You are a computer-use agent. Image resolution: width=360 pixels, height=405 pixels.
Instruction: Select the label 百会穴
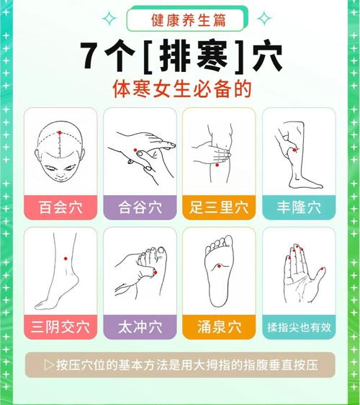click(61, 207)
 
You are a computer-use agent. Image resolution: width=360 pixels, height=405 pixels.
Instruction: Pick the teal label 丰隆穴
click(297, 207)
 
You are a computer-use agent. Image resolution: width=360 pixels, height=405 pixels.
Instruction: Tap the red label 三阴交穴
click(61, 327)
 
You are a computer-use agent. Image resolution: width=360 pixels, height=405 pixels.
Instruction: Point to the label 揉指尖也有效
click(297, 327)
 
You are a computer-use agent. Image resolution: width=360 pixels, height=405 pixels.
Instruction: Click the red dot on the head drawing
click(60, 133)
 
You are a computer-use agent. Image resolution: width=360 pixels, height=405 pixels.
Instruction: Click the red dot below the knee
click(217, 165)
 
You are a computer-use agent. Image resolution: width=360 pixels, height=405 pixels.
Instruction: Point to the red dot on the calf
click(293, 150)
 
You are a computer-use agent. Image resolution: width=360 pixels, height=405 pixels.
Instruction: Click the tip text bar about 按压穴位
click(180, 364)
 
